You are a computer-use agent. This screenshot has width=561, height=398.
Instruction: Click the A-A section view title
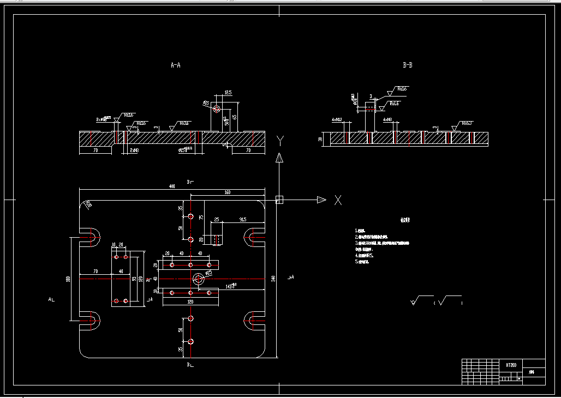tap(175, 65)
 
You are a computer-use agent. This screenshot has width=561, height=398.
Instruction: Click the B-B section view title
tap(407, 65)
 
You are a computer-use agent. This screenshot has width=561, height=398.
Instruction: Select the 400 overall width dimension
tap(172, 186)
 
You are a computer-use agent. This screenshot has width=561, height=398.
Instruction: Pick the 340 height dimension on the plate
tap(273, 279)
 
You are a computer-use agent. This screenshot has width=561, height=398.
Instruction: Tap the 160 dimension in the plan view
tap(227, 192)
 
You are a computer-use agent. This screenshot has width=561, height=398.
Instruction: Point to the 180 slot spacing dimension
tap(68, 279)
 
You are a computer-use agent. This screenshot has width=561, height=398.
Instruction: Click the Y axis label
tap(280, 142)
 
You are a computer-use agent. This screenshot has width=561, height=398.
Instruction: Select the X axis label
tap(338, 200)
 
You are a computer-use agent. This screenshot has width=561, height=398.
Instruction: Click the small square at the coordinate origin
tap(279, 200)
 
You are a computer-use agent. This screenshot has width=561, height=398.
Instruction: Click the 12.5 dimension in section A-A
tap(228, 93)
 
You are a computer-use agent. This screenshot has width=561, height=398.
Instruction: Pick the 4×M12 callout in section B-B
tap(336, 119)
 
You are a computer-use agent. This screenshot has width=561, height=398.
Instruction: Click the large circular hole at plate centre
tap(198, 279)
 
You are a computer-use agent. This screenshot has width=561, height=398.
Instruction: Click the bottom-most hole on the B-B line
tap(190, 342)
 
